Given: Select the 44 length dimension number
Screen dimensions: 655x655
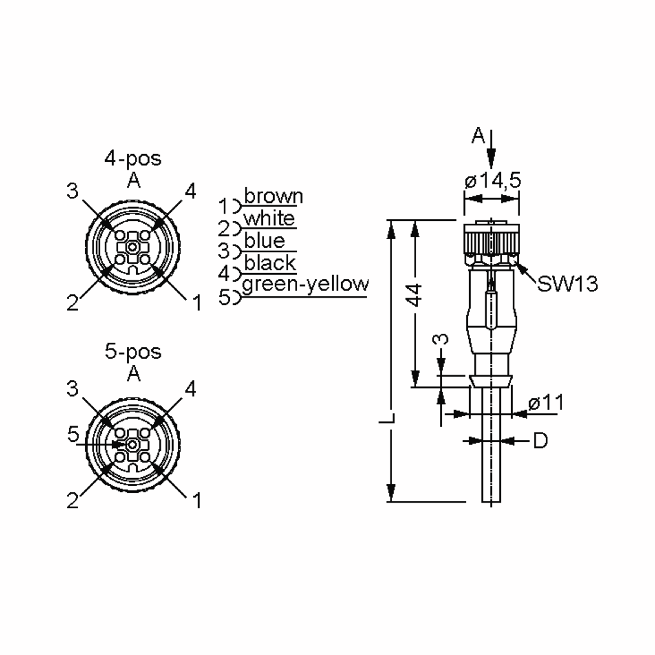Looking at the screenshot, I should pyautogui.click(x=415, y=295).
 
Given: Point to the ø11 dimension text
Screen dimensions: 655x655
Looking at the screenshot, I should pyautogui.click(x=546, y=403).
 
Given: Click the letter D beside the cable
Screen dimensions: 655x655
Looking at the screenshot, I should pyautogui.click(x=540, y=441).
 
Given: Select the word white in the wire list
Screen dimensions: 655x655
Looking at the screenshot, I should pyautogui.click(x=269, y=219).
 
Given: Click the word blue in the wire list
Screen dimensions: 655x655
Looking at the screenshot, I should pyautogui.click(x=264, y=241).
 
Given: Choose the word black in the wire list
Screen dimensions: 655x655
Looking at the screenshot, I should pyautogui.click(x=270, y=263).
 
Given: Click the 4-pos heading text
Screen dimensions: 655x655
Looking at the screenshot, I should pyautogui.click(x=133, y=159).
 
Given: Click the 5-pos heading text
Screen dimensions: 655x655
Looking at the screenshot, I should pyautogui.click(x=133, y=352).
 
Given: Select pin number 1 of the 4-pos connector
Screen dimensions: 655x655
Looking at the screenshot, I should pyautogui.click(x=196, y=302).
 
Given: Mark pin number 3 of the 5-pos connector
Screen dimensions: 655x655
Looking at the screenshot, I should pyautogui.click(x=72, y=389).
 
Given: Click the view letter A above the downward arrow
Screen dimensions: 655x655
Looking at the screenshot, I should pyautogui.click(x=478, y=136).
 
